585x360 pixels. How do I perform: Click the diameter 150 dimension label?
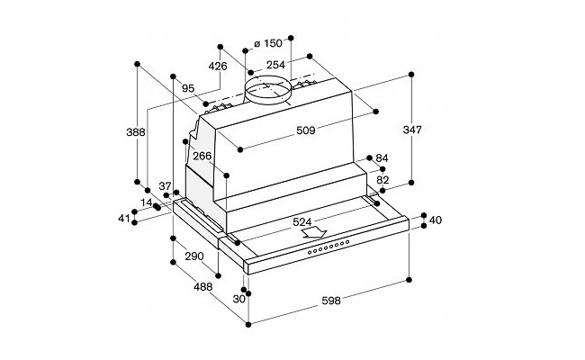(x=268, y=43)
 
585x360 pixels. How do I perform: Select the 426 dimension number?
(x=218, y=67)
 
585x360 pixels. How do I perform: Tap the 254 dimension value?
(x=275, y=65)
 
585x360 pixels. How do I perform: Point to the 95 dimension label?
(x=188, y=88)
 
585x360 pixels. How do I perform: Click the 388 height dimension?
(x=136, y=132)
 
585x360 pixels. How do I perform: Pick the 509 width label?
(x=306, y=130)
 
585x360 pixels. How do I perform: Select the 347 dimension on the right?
(x=412, y=130)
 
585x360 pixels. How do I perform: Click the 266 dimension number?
(x=202, y=156)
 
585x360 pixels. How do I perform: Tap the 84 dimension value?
(x=382, y=158)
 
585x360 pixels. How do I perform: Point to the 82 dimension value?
(x=382, y=180)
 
